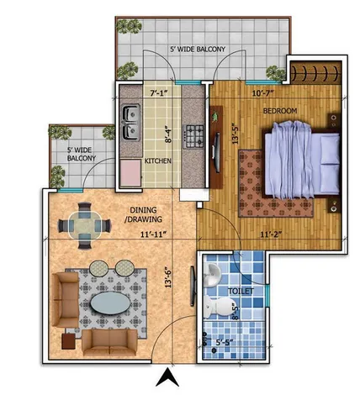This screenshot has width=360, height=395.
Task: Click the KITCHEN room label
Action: coord(157,161)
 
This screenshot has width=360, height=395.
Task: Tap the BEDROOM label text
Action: coord(280,111)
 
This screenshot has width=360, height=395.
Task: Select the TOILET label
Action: coord(241,292)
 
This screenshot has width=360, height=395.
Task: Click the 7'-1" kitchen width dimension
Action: coord(159,93)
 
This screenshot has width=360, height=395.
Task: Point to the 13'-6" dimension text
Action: coord(168,277)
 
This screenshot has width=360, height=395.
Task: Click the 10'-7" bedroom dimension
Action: coord(262,93)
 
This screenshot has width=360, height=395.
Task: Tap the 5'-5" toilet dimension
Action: coord(225,342)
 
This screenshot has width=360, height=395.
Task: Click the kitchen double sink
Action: coord(131,123)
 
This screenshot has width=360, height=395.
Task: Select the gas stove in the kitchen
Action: coord(193,136)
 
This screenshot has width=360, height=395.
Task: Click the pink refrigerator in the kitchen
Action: coord(130,173)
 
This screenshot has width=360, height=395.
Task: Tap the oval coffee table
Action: coord(110,303)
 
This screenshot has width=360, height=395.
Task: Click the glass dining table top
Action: coord(84,225)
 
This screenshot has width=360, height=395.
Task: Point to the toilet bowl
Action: coord(217,307)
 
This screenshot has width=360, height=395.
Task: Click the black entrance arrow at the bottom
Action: coord(167,377)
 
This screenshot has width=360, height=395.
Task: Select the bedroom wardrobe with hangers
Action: coord(315,72)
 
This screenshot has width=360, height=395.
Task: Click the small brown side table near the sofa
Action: coord(69,341)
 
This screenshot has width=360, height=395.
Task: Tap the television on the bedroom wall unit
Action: coord(216,152)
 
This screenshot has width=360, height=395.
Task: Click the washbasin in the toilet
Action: coord(212,275)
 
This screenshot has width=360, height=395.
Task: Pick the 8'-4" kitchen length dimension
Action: coord(168,134)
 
